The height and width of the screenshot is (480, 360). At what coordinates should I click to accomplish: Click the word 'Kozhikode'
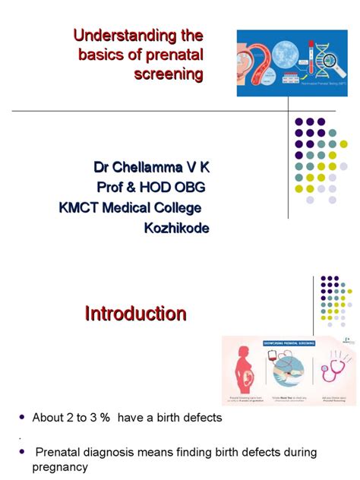[x=176, y=228]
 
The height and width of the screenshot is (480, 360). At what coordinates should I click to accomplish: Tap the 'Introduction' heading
[x=135, y=314]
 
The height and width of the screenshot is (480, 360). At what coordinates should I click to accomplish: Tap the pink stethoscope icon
[x=334, y=372]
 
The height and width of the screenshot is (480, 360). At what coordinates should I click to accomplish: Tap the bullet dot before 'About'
[x=23, y=418]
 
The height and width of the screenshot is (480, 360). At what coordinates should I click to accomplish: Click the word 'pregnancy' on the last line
[x=60, y=467]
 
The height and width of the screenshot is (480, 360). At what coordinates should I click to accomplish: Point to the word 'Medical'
[x=131, y=207]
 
